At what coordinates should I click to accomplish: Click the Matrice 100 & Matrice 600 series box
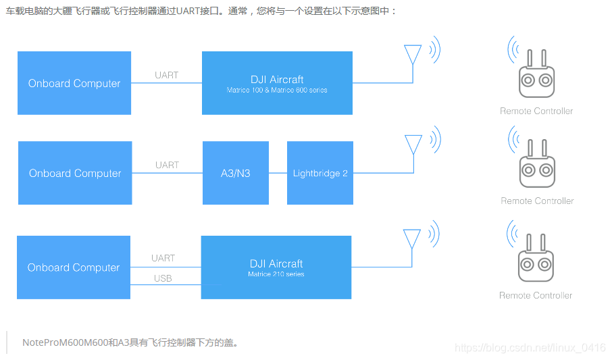coord(277,83)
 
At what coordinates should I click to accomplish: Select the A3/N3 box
coord(235,173)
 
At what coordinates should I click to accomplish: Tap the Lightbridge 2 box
coord(320,173)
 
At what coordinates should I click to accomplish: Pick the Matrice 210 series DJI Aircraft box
coord(276,267)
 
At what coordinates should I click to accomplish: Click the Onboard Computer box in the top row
coord(74,83)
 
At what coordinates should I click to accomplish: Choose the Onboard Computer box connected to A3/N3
coord(75,173)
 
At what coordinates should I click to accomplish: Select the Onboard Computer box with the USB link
coord(74,267)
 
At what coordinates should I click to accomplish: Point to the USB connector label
coord(163,278)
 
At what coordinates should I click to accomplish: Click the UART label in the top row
coord(166,75)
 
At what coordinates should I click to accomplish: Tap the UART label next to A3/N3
coord(167,165)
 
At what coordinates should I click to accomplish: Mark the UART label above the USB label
coord(163,258)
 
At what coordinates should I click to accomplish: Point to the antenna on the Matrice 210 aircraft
coord(411,239)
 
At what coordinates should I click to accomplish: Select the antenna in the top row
coord(413,55)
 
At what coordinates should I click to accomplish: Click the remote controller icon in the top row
coord(536,77)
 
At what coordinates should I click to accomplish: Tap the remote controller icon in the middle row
coord(537,167)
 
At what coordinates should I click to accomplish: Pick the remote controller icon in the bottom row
coord(536,261)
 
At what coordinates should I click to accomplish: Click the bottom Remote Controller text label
coord(536,295)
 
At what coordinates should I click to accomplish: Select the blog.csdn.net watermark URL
coord(530,347)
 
